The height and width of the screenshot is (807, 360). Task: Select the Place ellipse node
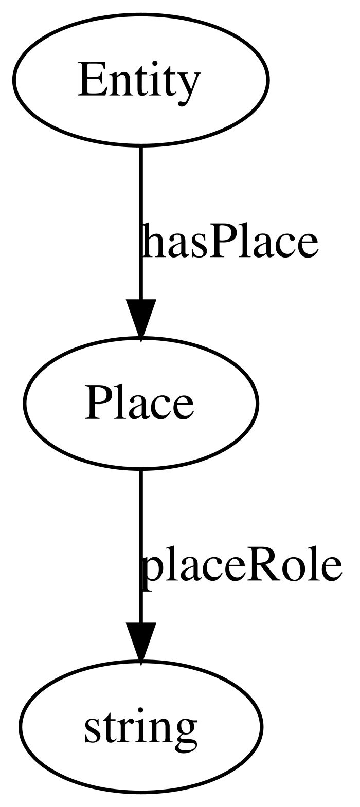click(x=140, y=403)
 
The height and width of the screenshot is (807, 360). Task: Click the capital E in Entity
click(x=89, y=79)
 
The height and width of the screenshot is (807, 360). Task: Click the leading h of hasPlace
click(x=153, y=241)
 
